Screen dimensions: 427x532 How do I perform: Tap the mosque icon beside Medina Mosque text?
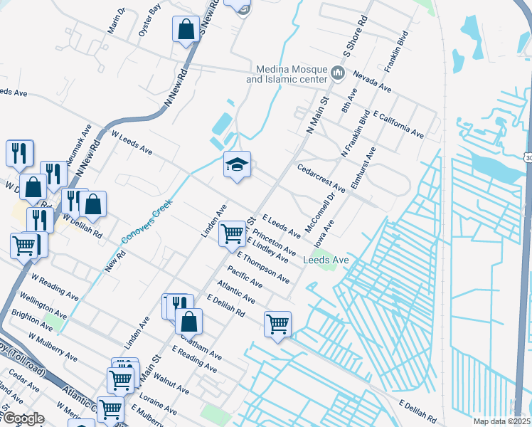coord(339,73)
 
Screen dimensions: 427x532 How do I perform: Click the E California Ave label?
coord(398,125)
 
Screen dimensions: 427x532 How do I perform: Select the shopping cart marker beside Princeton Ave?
coord(232,233)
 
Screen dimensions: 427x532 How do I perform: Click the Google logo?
coord(23,418)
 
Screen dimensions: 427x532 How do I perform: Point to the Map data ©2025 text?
coord(501,421)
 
